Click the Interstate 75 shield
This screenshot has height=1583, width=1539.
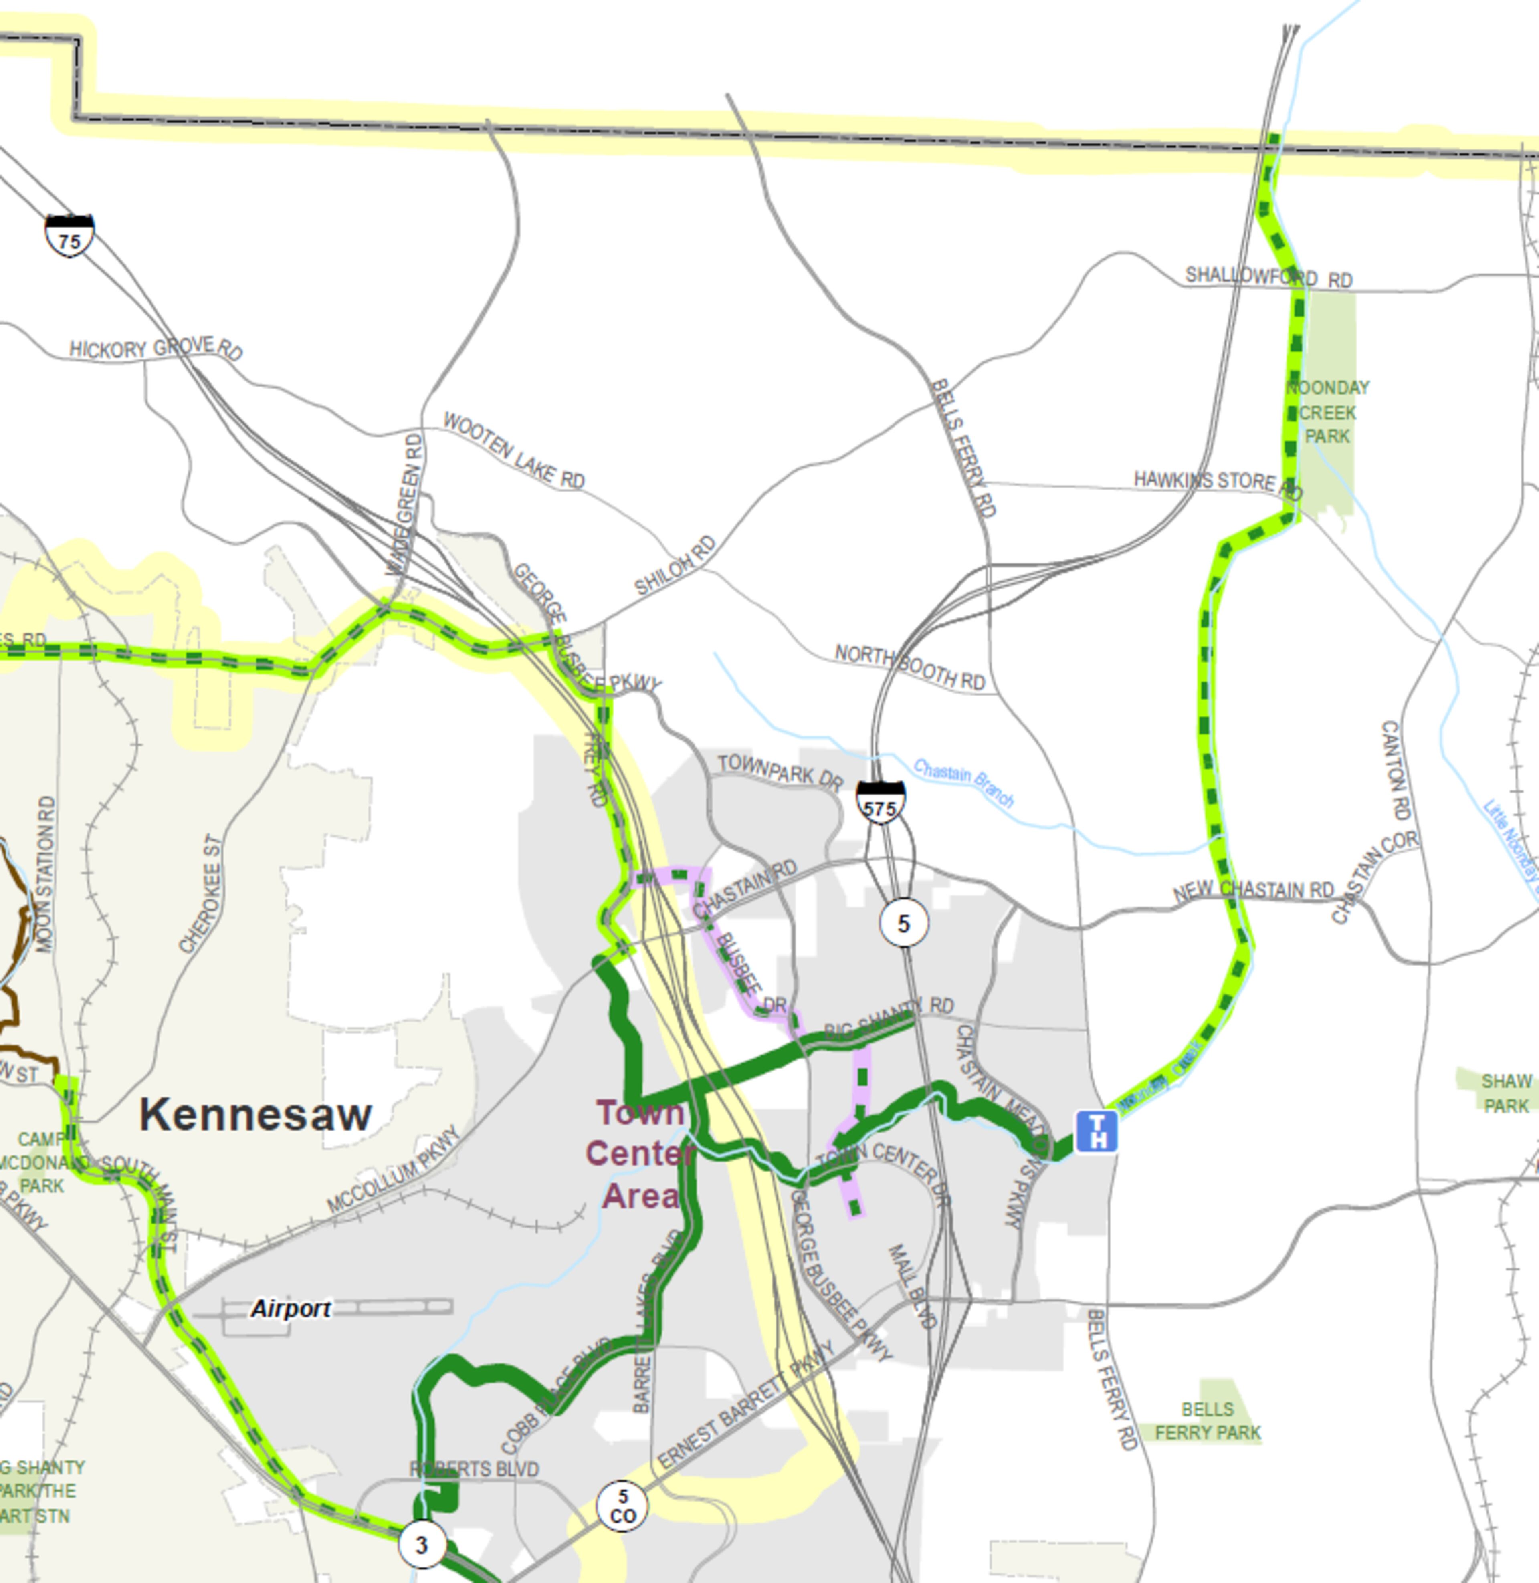point(69,236)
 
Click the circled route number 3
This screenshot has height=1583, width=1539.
point(421,1544)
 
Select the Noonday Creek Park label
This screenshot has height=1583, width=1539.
point(1327,412)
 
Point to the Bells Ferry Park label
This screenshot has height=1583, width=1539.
point(1208,1421)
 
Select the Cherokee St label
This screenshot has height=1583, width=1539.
point(200,894)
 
